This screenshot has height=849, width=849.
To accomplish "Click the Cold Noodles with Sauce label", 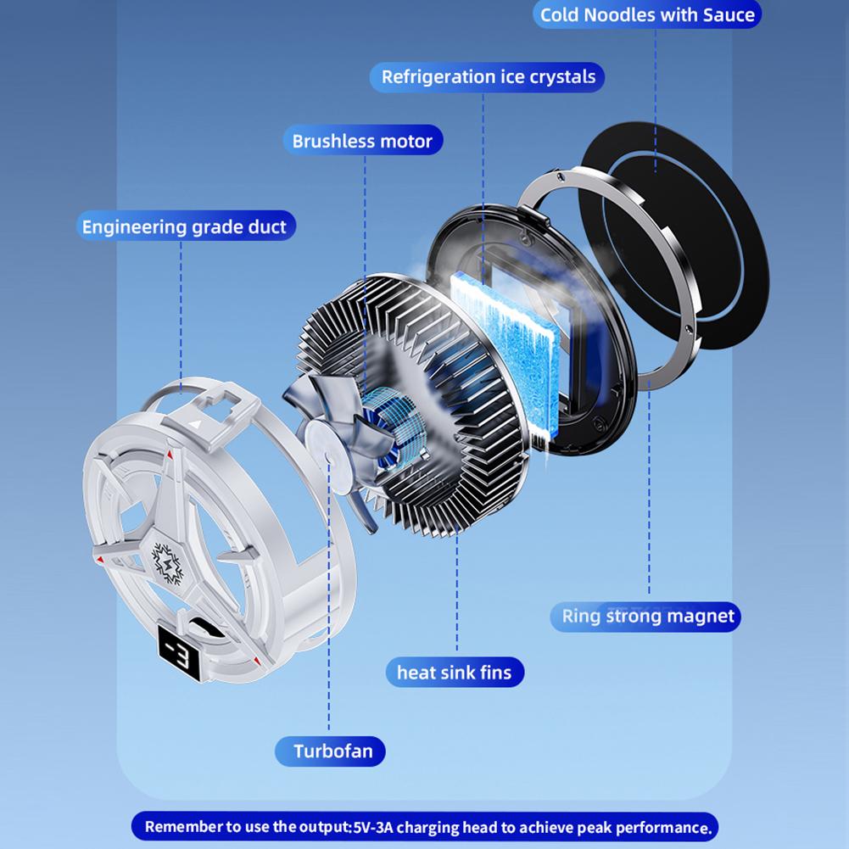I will [647, 15].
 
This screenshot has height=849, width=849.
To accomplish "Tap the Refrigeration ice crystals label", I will [488, 77].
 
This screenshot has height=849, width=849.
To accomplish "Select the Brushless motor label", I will [362, 141].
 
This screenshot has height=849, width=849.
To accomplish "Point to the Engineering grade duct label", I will [184, 226].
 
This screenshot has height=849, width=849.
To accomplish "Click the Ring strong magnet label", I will [648, 616].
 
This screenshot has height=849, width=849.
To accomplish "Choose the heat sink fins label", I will [454, 673].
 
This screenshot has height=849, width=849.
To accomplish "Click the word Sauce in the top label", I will [729, 15].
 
